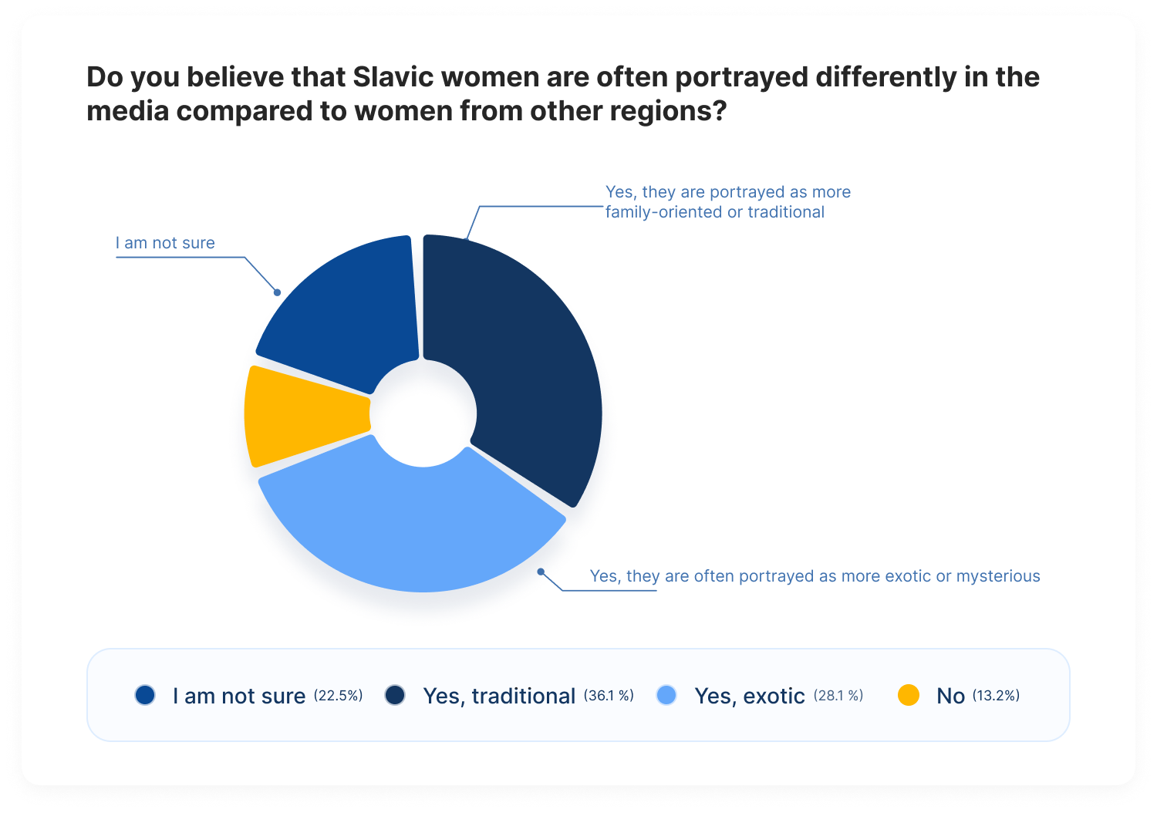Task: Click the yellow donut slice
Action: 305,415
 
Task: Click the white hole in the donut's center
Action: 423,413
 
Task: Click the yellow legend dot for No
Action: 909,695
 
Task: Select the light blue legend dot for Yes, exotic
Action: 666,695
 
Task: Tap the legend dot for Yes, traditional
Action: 395,695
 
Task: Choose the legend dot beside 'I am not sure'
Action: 145,695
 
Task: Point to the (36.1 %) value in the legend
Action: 609,696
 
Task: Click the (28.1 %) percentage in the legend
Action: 838,696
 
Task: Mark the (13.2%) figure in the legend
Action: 996,696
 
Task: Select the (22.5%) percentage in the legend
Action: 338,696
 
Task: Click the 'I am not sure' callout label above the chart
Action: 165,243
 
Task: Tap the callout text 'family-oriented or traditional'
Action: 714,212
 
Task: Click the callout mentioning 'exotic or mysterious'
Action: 815,576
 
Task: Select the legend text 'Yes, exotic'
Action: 749,696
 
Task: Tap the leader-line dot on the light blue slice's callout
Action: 541,572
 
